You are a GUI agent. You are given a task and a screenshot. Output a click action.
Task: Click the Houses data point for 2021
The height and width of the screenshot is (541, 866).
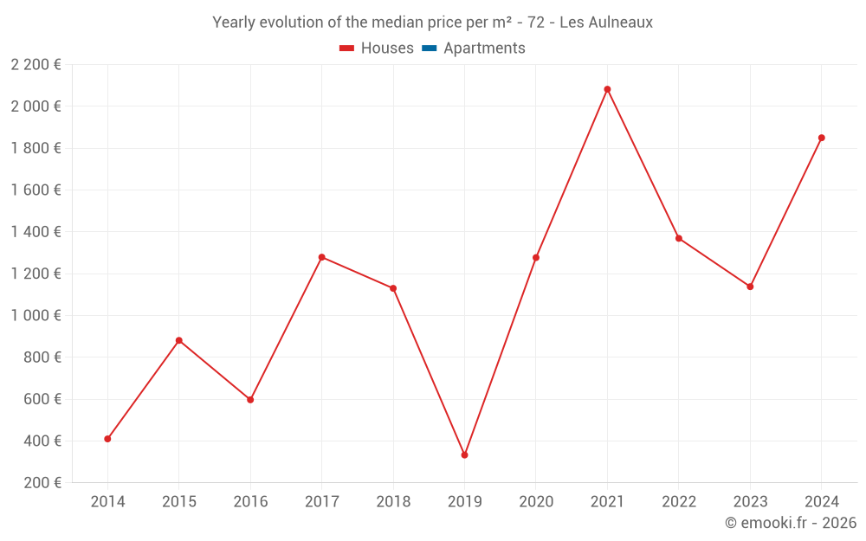(x=607, y=89)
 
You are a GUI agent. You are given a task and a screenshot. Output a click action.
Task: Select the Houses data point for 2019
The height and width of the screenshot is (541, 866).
(x=465, y=454)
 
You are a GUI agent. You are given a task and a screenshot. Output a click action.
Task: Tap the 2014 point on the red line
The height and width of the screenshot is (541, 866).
(x=107, y=439)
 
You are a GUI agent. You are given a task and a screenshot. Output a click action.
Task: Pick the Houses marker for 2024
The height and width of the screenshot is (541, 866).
(x=822, y=138)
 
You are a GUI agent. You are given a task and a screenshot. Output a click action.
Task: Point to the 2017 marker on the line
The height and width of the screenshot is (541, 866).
(x=322, y=257)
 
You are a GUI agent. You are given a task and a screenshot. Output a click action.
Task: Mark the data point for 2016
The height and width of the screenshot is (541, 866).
(x=250, y=400)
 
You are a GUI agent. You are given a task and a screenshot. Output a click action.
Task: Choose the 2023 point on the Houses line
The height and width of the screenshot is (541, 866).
(x=750, y=287)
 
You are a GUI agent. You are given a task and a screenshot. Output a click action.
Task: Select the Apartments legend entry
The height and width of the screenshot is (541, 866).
(x=484, y=48)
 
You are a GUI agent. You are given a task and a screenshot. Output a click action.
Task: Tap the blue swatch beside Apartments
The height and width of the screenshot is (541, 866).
(x=429, y=48)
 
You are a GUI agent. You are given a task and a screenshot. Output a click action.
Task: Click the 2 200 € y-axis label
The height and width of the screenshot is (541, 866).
(x=36, y=65)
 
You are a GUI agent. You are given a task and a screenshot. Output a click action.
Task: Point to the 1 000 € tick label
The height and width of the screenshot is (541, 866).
(x=36, y=316)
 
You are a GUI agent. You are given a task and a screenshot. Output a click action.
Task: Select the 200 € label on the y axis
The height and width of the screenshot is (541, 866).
(x=42, y=483)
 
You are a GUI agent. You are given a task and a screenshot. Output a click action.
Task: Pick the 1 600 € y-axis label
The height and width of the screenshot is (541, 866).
(x=36, y=190)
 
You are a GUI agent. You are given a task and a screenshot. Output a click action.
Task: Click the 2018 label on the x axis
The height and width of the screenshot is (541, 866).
(x=393, y=502)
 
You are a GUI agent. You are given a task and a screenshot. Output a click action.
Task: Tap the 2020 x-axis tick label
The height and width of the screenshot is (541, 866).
(x=536, y=502)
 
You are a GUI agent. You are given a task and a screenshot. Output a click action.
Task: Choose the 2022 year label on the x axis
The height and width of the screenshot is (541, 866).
(x=679, y=502)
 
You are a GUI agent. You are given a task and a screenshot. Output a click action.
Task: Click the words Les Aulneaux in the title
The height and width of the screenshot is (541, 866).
(x=606, y=23)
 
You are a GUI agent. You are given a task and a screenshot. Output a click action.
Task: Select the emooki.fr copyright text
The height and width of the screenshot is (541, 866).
(x=791, y=523)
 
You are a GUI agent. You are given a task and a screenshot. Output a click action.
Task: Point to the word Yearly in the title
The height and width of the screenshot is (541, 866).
(x=235, y=23)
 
